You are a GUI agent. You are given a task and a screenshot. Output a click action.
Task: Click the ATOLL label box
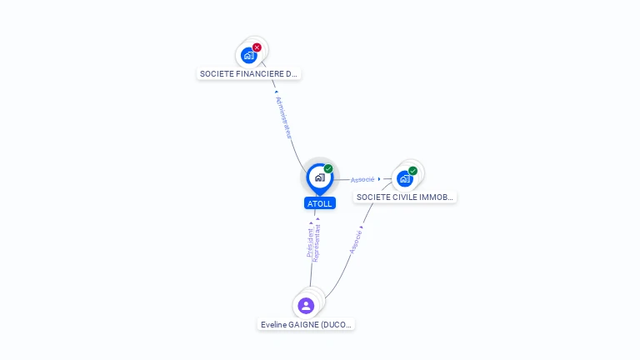point(319,203)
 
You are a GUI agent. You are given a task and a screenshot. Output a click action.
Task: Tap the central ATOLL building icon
point(319,177)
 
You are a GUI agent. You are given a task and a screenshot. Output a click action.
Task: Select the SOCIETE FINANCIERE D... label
point(248,73)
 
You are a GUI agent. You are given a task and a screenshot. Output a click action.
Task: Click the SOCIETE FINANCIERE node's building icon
point(248,56)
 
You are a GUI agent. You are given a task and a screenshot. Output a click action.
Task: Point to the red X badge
point(257,47)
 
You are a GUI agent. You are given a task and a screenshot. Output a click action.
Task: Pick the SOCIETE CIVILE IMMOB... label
point(405,197)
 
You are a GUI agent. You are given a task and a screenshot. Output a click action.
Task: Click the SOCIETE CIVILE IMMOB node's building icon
point(405,178)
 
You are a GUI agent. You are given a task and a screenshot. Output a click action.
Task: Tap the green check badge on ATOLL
point(328,169)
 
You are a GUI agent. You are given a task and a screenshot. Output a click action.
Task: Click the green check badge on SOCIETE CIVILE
point(413,171)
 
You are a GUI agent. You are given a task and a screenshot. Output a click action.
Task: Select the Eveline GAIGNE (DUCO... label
point(306,324)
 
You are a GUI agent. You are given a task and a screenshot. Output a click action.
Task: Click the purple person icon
point(306,306)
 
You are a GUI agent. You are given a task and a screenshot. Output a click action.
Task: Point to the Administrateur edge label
point(283,117)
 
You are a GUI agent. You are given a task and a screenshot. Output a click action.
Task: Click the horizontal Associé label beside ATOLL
point(362,179)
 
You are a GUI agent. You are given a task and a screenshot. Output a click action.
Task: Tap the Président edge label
point(309,242)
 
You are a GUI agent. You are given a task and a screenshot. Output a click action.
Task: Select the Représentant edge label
point(317,244)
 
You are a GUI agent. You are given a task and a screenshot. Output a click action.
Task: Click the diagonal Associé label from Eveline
point(356,238)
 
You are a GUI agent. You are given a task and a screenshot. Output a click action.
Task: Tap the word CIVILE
point(405,197)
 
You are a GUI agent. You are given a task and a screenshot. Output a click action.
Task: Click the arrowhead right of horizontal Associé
point(379,178)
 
